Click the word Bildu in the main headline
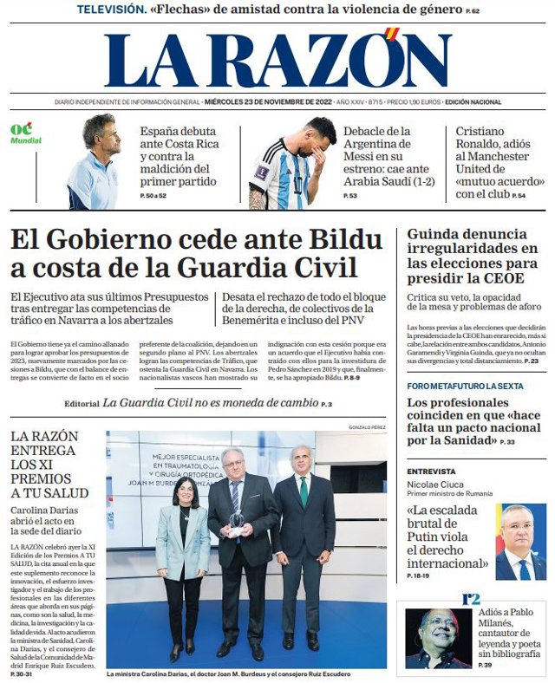coord(339,239)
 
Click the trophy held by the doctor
coord(236,520)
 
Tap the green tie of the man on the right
coord(304,491)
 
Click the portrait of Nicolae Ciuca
coord(520,543)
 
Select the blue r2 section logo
coord(471,598)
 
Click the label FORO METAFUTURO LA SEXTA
coord(465,386)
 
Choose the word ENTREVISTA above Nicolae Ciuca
coord(431,472)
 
